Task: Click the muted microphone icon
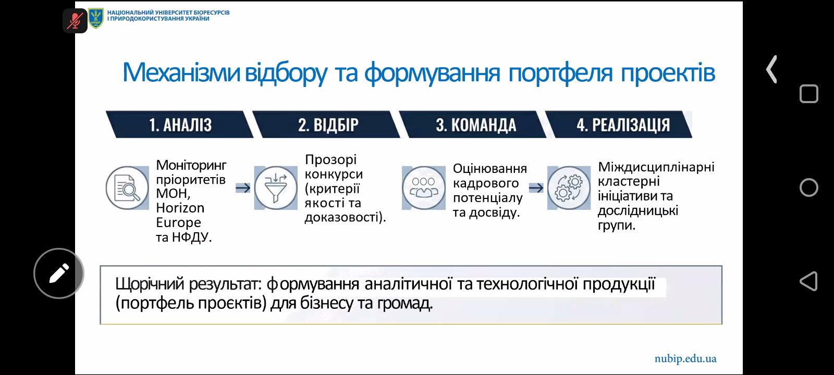click(x=75, y=20)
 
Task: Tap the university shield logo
click(x=96, y=19)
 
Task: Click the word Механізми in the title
click(x=181, y=72)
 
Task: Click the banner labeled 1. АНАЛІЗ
click(x=180, y=124)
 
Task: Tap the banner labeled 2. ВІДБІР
click(x=326, y=124)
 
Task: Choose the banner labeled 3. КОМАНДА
click(x=473, y=124)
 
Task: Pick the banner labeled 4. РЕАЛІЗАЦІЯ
click(x=619, y=124)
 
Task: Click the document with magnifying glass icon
click(x=127, y=188)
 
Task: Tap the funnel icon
click(x=276, y=188)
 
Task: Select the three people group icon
click(x=424, y=188)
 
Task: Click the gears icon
click(x=569, y=188)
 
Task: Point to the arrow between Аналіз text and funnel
click(x=243, y=188)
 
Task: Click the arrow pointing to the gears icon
click(x=536, y=188)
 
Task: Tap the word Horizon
click(x=180, y=208)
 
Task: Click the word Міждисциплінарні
click(x=656, y=167)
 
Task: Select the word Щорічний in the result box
click(x=150, y=284)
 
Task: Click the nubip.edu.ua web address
click(x=685, y=359)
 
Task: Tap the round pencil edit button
click(x=59, y=273)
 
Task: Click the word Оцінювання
click(x=489, y=169)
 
